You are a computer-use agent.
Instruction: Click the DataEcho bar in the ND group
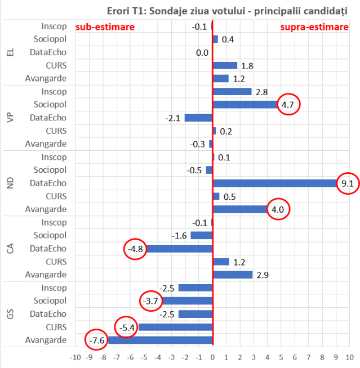click(275, 183)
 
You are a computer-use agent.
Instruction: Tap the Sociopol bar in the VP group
click(245, 105)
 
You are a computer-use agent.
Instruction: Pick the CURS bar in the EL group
click(225, 65)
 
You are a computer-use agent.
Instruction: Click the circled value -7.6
click(96, 340)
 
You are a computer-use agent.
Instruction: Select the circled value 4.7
click(287, 105)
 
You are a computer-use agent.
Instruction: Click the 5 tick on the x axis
click(281, 357)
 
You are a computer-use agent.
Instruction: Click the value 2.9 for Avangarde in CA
click(263, 275)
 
